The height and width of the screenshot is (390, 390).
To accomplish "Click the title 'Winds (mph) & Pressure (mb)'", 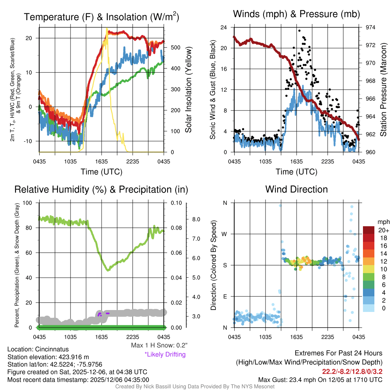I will coord(296,14).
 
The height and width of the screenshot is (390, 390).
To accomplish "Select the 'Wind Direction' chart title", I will coord(296,189).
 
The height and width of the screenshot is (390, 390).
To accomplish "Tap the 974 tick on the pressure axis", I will coord(371,27).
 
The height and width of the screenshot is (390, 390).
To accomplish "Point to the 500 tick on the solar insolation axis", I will coord(175,48).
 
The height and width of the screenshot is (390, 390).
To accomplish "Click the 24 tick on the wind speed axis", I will coord(224,27).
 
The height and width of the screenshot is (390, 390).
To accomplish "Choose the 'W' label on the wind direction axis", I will coord(225,234).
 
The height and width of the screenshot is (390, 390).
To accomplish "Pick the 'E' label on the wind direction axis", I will coord(225,296).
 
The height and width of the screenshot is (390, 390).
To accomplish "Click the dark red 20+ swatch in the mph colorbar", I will coord(369,230).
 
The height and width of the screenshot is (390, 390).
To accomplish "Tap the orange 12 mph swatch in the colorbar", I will coord(369,261).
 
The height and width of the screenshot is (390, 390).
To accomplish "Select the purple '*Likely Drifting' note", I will coord(165,354).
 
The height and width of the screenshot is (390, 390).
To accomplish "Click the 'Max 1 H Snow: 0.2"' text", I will coord(159,345).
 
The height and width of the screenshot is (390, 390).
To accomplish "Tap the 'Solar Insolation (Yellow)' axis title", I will coord(188,90).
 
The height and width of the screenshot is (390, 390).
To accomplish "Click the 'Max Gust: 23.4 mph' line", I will coord(320,379).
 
